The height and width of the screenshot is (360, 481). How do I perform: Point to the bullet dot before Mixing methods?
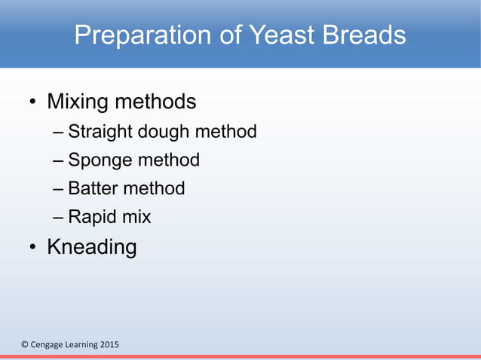(x=33, y=102)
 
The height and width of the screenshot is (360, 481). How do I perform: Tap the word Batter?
(x=93, y=188)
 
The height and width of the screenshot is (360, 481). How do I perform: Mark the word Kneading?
(x=91, y=246)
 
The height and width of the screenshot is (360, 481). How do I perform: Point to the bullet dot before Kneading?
(x=33, y=248)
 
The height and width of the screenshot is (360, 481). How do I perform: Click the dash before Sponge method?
(x=59, y=160)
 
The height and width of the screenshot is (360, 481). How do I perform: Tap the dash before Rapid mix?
(x=59, y=218)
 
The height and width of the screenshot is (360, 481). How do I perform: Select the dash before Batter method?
(x=59, y=189)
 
